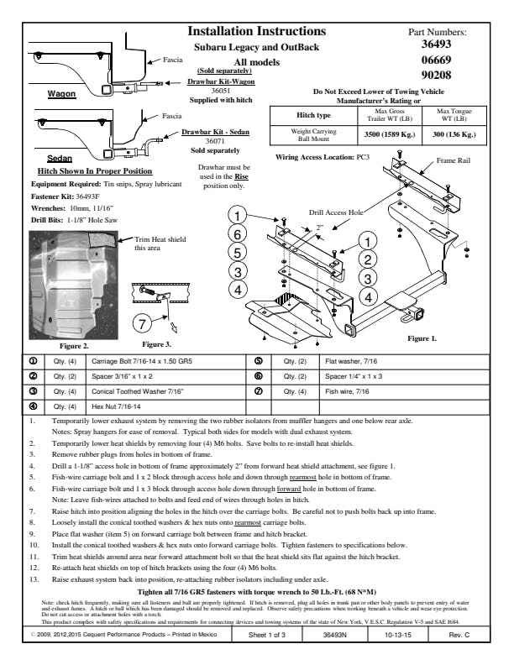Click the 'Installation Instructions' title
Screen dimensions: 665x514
(x=256, y=32)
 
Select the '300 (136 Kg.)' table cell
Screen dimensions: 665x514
(x=448, y=134)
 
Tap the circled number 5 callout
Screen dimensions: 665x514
(x=239, y=252)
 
